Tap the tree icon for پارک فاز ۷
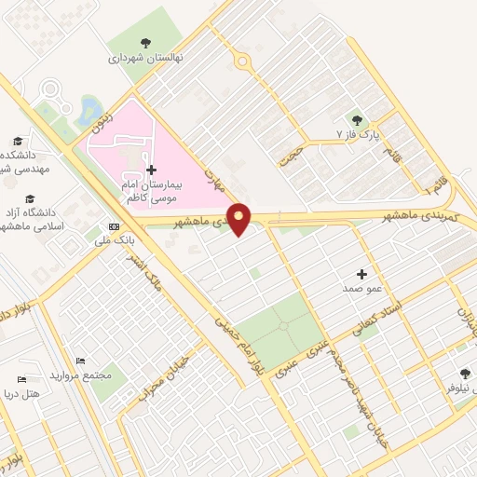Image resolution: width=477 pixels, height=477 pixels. [x=357, y=119]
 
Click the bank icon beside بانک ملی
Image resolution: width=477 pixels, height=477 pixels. [x=114, y=226]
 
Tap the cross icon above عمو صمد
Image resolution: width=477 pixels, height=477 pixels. [x=361, y=274]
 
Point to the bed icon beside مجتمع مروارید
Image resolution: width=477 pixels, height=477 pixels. [x=81, y=361]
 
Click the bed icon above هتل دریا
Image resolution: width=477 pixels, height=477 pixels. [x=21, y=379]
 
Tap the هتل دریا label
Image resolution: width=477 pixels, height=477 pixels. [x=22, y=394]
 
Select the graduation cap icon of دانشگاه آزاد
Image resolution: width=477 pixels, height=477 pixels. [x=30, y=198]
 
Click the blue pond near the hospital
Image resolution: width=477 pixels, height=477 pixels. [x=91, y=110]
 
